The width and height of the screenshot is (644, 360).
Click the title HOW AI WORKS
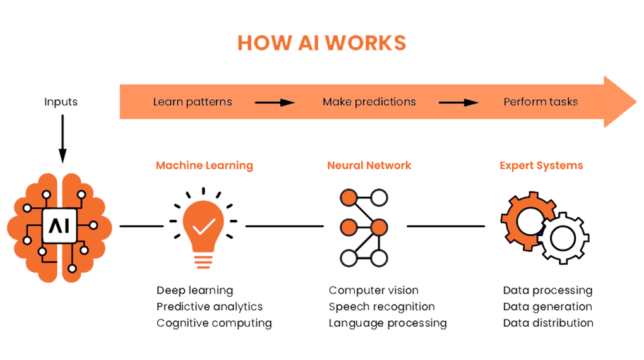321,42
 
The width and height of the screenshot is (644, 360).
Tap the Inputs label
61,102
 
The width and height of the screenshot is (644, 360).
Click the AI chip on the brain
60,225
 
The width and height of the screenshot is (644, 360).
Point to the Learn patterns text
193,102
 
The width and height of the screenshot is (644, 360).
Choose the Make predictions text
369,102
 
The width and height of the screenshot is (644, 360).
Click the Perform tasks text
540,102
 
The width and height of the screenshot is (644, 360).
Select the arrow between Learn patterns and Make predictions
275,102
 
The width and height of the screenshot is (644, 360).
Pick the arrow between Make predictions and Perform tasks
458,102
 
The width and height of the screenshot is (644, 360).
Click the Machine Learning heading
204,165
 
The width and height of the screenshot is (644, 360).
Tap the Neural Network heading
369,165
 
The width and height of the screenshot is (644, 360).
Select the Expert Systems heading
541,165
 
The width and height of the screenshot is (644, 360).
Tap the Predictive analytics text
210,307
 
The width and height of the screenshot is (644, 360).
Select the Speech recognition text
381,307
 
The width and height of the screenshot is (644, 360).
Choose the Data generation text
547,307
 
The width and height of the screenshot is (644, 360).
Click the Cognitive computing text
214,323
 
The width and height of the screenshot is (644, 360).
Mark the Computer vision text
373,291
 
